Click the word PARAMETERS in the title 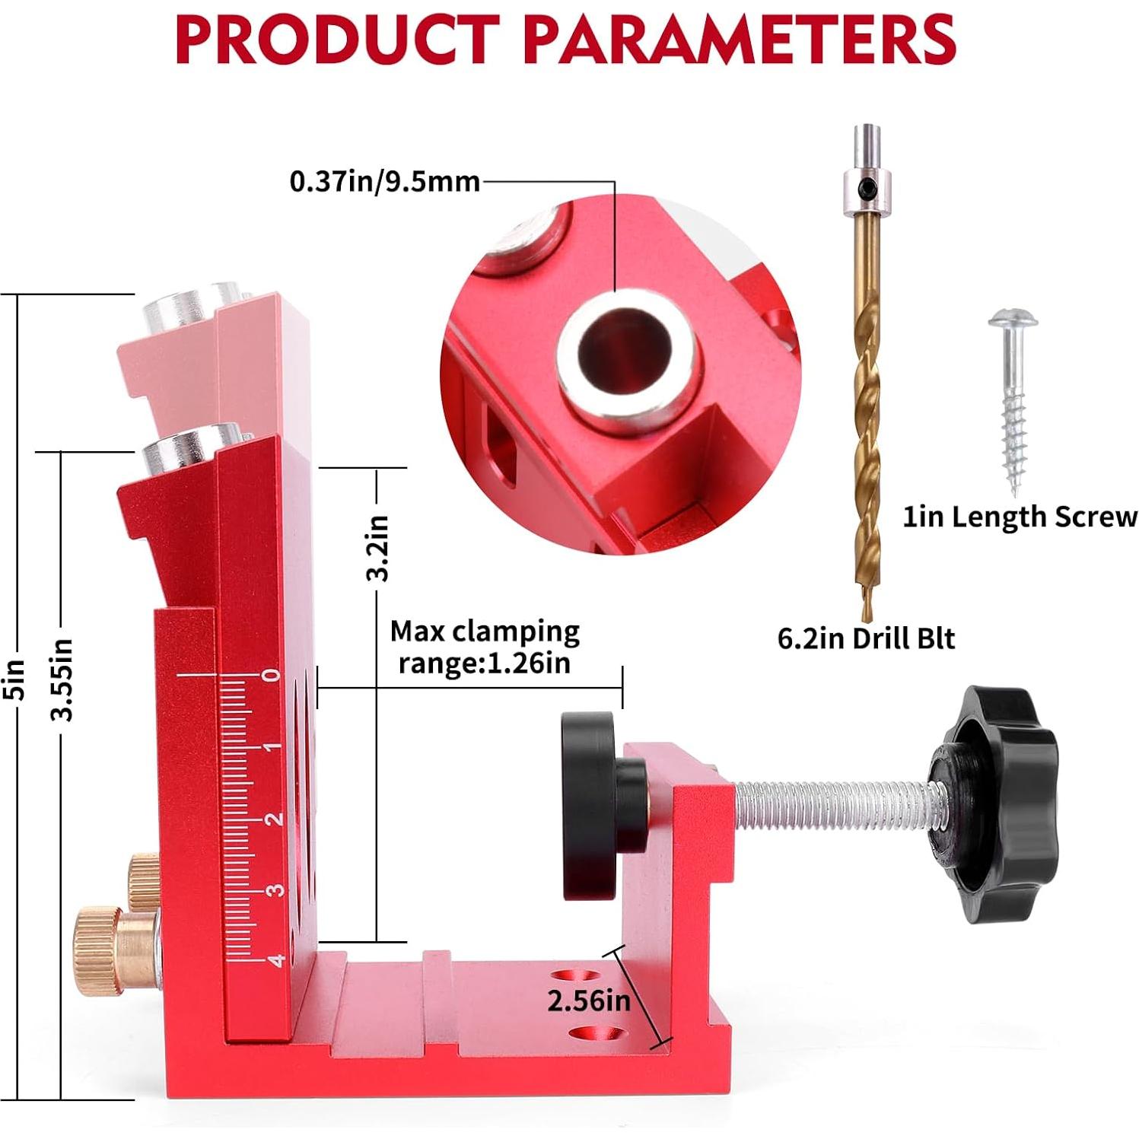(738, 40)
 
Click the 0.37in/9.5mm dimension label (384, 182)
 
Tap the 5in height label (17, 679)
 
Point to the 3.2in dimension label (377, 548)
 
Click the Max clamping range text (485, 647)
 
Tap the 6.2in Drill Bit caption (865, 638)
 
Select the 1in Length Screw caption (1020, 517)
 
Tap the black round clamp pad (590, 805)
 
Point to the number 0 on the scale (271, 675)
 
